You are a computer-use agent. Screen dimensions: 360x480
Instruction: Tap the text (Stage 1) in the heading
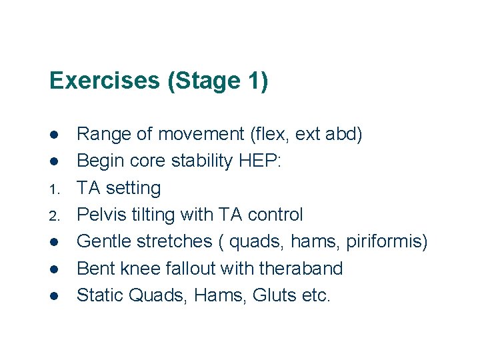(218, 81)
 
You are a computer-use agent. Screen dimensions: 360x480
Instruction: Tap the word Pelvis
(101, 215)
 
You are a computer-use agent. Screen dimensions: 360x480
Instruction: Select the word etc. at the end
(316, 295)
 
